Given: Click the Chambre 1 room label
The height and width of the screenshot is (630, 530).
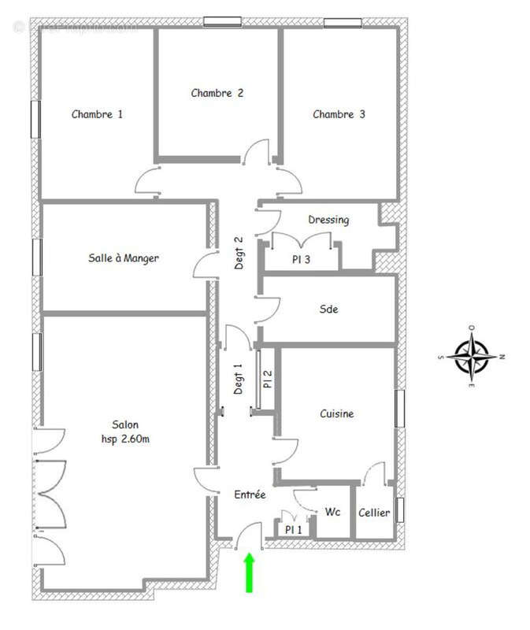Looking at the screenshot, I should point(97,114).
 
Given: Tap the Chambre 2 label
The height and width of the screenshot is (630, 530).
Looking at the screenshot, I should point(217,93).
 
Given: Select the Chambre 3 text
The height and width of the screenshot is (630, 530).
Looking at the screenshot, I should point(339,114).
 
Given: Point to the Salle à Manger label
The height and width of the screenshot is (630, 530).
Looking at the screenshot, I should point(124,258).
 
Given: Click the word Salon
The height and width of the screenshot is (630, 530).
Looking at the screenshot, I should point(124,425).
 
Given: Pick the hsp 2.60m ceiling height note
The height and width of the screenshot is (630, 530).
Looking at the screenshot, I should point(124,439).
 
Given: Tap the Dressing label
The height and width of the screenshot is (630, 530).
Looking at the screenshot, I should point(328,220).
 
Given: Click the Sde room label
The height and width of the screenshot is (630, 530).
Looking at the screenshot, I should point(328,309).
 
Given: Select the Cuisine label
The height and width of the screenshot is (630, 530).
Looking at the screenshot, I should point(336,413).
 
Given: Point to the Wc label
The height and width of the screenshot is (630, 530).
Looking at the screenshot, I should point(332,512).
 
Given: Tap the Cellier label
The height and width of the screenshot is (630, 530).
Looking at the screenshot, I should point(374,513).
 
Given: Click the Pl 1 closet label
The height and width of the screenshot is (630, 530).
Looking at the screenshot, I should point(293,530).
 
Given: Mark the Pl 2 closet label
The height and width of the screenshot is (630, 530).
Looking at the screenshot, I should point(268,380).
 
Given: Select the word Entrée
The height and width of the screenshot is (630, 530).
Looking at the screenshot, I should point(250,495).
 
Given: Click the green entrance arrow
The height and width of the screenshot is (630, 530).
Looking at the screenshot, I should point(250,572).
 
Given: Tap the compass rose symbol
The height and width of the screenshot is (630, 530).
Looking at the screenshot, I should point(471,357).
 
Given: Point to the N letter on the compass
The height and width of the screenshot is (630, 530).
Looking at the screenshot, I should point(502,357).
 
